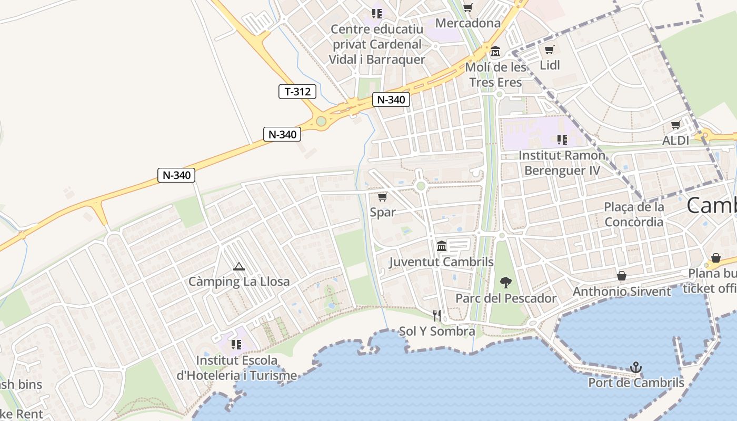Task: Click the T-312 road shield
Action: click(297, 92)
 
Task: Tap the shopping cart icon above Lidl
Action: click(549, 50)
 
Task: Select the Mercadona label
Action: click(468, 23)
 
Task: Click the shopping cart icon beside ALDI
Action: click(675, 125)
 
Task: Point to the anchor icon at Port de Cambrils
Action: click(636, 367)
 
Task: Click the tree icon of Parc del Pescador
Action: click(505, 283)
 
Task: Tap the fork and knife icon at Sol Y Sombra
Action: click(437, 315)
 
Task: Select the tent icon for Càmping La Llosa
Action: click(239, 267)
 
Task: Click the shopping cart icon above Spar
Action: click(383, 197)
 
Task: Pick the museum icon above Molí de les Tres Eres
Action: click(495, 52)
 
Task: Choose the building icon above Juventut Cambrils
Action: click(441, 246)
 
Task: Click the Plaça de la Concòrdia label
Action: click(634, 214)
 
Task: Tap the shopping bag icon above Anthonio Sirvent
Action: click(622, 276)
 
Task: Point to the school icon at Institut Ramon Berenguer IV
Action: click(562, 140)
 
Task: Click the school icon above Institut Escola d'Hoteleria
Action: click(236, 345)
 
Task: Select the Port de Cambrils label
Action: click(636, 383)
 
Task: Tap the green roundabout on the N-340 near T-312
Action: click(321, 121)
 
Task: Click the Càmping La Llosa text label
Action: click(239, 282)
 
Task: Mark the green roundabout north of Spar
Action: click(420, 186)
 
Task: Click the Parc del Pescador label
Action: click(505, 298)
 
